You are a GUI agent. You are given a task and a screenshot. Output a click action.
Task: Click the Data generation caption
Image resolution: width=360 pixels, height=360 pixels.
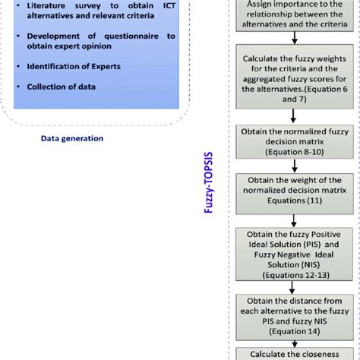click(x=72, y=138)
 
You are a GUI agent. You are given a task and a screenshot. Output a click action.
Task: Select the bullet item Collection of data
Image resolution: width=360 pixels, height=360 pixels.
click(x=62, y=87)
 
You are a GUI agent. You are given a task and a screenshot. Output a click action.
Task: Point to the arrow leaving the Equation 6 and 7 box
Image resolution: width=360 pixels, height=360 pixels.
click(x=294, y=113)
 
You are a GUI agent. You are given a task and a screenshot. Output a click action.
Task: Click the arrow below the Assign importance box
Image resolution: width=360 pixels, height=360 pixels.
click(x=294, y=42)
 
